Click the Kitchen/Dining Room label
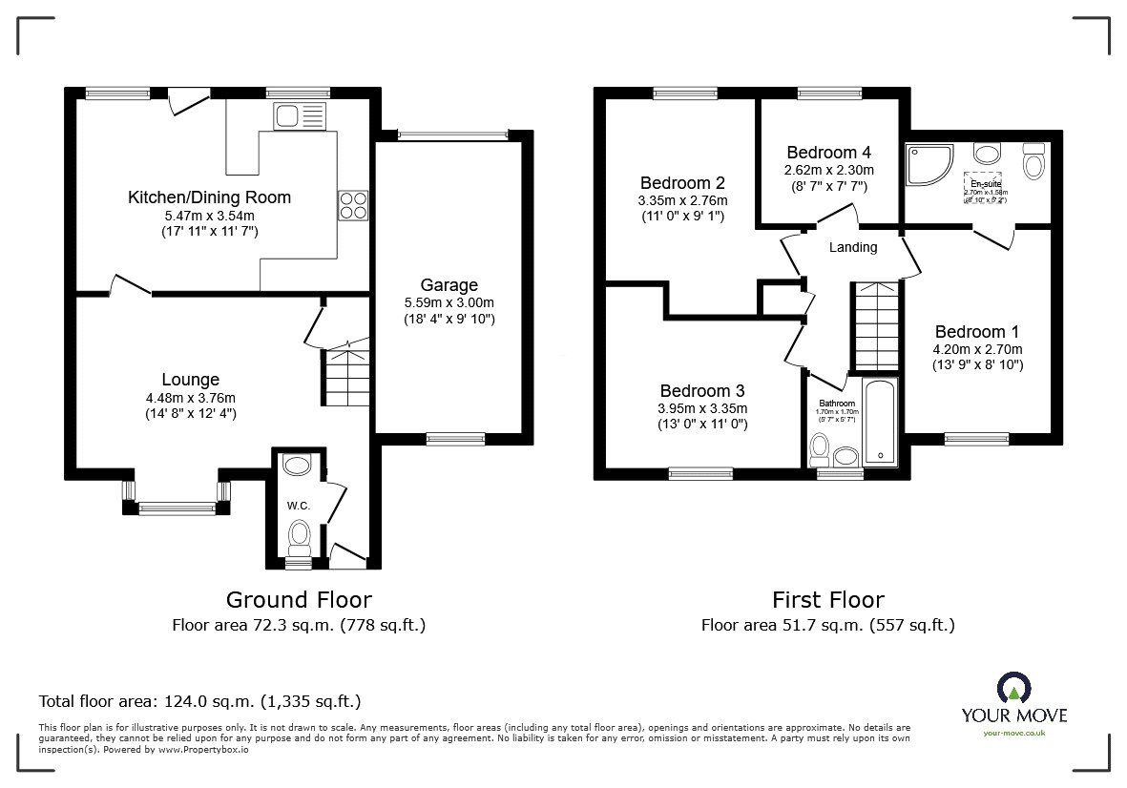click(209, 197)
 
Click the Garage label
click(449, 284)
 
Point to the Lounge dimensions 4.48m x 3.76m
click(189, 398)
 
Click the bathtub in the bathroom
click(879, 423)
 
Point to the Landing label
click(852, 247)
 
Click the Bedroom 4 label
click(828, 152)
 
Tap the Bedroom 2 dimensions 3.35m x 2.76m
click(682, 200)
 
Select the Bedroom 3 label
click(702, 391)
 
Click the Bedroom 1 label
click(976, 331)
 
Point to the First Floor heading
click(827, 600)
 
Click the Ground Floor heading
click(299, 600)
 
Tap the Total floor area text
click(199, 701)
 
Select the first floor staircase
click(874, 326)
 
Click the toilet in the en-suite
click(1033, 163)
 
